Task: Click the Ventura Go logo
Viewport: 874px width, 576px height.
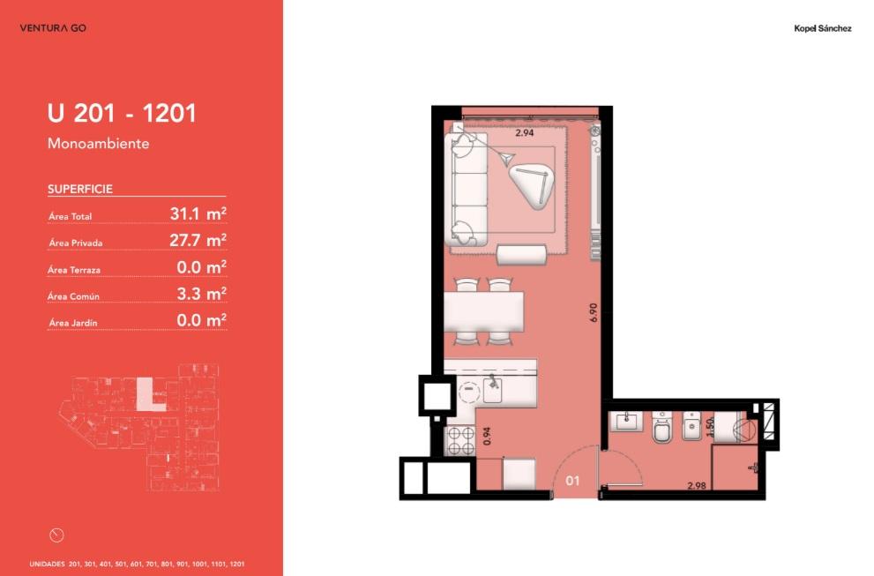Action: pyautogui.click(x=53, y=28)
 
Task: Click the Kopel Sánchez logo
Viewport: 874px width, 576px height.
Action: pyautogui.click(x=822, y=28)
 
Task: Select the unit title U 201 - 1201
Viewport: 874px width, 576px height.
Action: pyautogui.click(x=122, y=113)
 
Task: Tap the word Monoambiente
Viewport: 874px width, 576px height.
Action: pyautogui.click(x=98, y=143)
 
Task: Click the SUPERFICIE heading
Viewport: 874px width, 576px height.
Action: pyautogui.click(x=80, y=189)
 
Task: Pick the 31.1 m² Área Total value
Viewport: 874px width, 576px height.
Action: pyautogui.click(x=198, y=213)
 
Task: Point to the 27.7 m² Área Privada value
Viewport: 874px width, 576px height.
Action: pyautogui.click(x=198, y=240)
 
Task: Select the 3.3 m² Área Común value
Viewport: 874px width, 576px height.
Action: pyautogui.click(x=201, y=294)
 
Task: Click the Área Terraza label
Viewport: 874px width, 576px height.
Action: pyautogui.click(x=74, y=270)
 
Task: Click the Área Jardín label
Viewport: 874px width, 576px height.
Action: pyautogui.click(x=73, y=323)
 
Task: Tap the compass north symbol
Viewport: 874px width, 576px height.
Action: pyautogui.click(x=56, y=535)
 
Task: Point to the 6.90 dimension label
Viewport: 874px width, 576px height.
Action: pyautogui.click(x=593, y=312)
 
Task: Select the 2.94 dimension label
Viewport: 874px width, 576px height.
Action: pyautogui.click(x=524, y=132)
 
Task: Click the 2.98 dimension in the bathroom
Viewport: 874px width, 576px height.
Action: pyautogui.click(x=696, y=486)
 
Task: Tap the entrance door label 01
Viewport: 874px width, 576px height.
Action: pyautogui.click(x=572, y=481)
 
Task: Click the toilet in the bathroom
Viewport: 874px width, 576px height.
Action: pyautogui.click(x=661, y=427)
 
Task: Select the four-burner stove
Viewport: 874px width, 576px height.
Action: pyautogui.click(x=459, y=440)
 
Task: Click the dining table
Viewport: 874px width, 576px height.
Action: pyautogui.click(x=484, y=311)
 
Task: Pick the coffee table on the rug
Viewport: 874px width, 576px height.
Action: pyautogui.click(x=532, y=186)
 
